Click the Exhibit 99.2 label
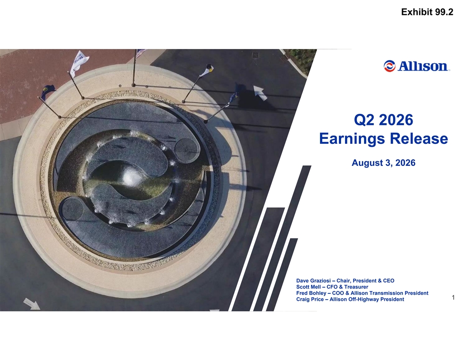[427, 12]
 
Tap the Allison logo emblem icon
[389, 66]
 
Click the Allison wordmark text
[423, 66]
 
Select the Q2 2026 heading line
[383, 120]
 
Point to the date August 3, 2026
[383, 163]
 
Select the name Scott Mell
[308, 287]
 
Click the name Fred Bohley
[311, 293]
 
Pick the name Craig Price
[310, 300]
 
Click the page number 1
[453, 297]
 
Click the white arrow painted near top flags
[260, 92]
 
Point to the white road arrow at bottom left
[32, 304]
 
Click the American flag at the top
[140, 53]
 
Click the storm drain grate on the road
[255, 55]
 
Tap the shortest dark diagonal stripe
[282, 274]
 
